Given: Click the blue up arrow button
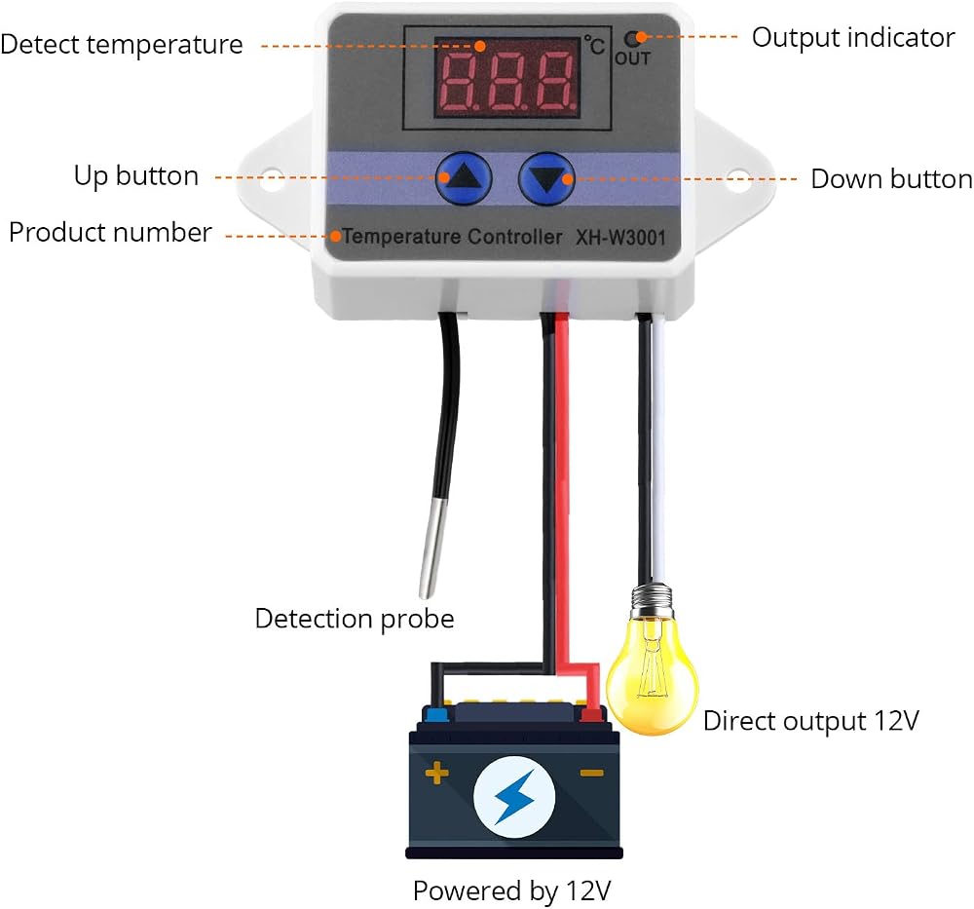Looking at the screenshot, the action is [x=464, y=178].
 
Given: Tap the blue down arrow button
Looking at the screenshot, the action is [x=546, y=179].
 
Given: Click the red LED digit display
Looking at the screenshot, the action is [x=506, y=78].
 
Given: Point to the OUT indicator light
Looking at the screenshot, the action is [x=631, y=40].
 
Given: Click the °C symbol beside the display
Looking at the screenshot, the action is [x=594, y=45].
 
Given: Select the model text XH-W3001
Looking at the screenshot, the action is [x=620, y=238].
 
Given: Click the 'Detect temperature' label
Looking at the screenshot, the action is [x=122, y=45].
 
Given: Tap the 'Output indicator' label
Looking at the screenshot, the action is [x=853, y=38].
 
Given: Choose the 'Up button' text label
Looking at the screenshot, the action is [x=136, y=175].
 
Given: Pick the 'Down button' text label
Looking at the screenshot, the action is [x=892, y=179].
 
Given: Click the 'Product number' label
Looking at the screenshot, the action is [x=111, y=233].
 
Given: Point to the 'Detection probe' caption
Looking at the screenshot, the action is [x=355, y=620].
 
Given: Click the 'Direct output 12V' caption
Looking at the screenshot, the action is [x=811, y=721].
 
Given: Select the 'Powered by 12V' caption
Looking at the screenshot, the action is [x=512, y=891].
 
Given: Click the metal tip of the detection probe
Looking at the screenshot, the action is [x=431, y=548].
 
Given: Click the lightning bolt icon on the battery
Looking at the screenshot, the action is [x=514, y=797].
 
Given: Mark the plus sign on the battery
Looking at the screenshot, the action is [x=437, y=773].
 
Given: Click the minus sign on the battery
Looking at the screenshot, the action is [x=591, y=773].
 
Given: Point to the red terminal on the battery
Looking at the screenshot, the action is [x=591, y=714].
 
